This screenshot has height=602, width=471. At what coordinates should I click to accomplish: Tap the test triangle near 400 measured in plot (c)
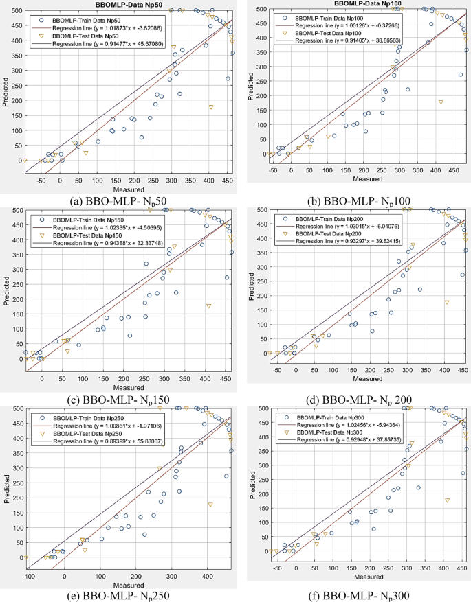coord(208,306)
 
